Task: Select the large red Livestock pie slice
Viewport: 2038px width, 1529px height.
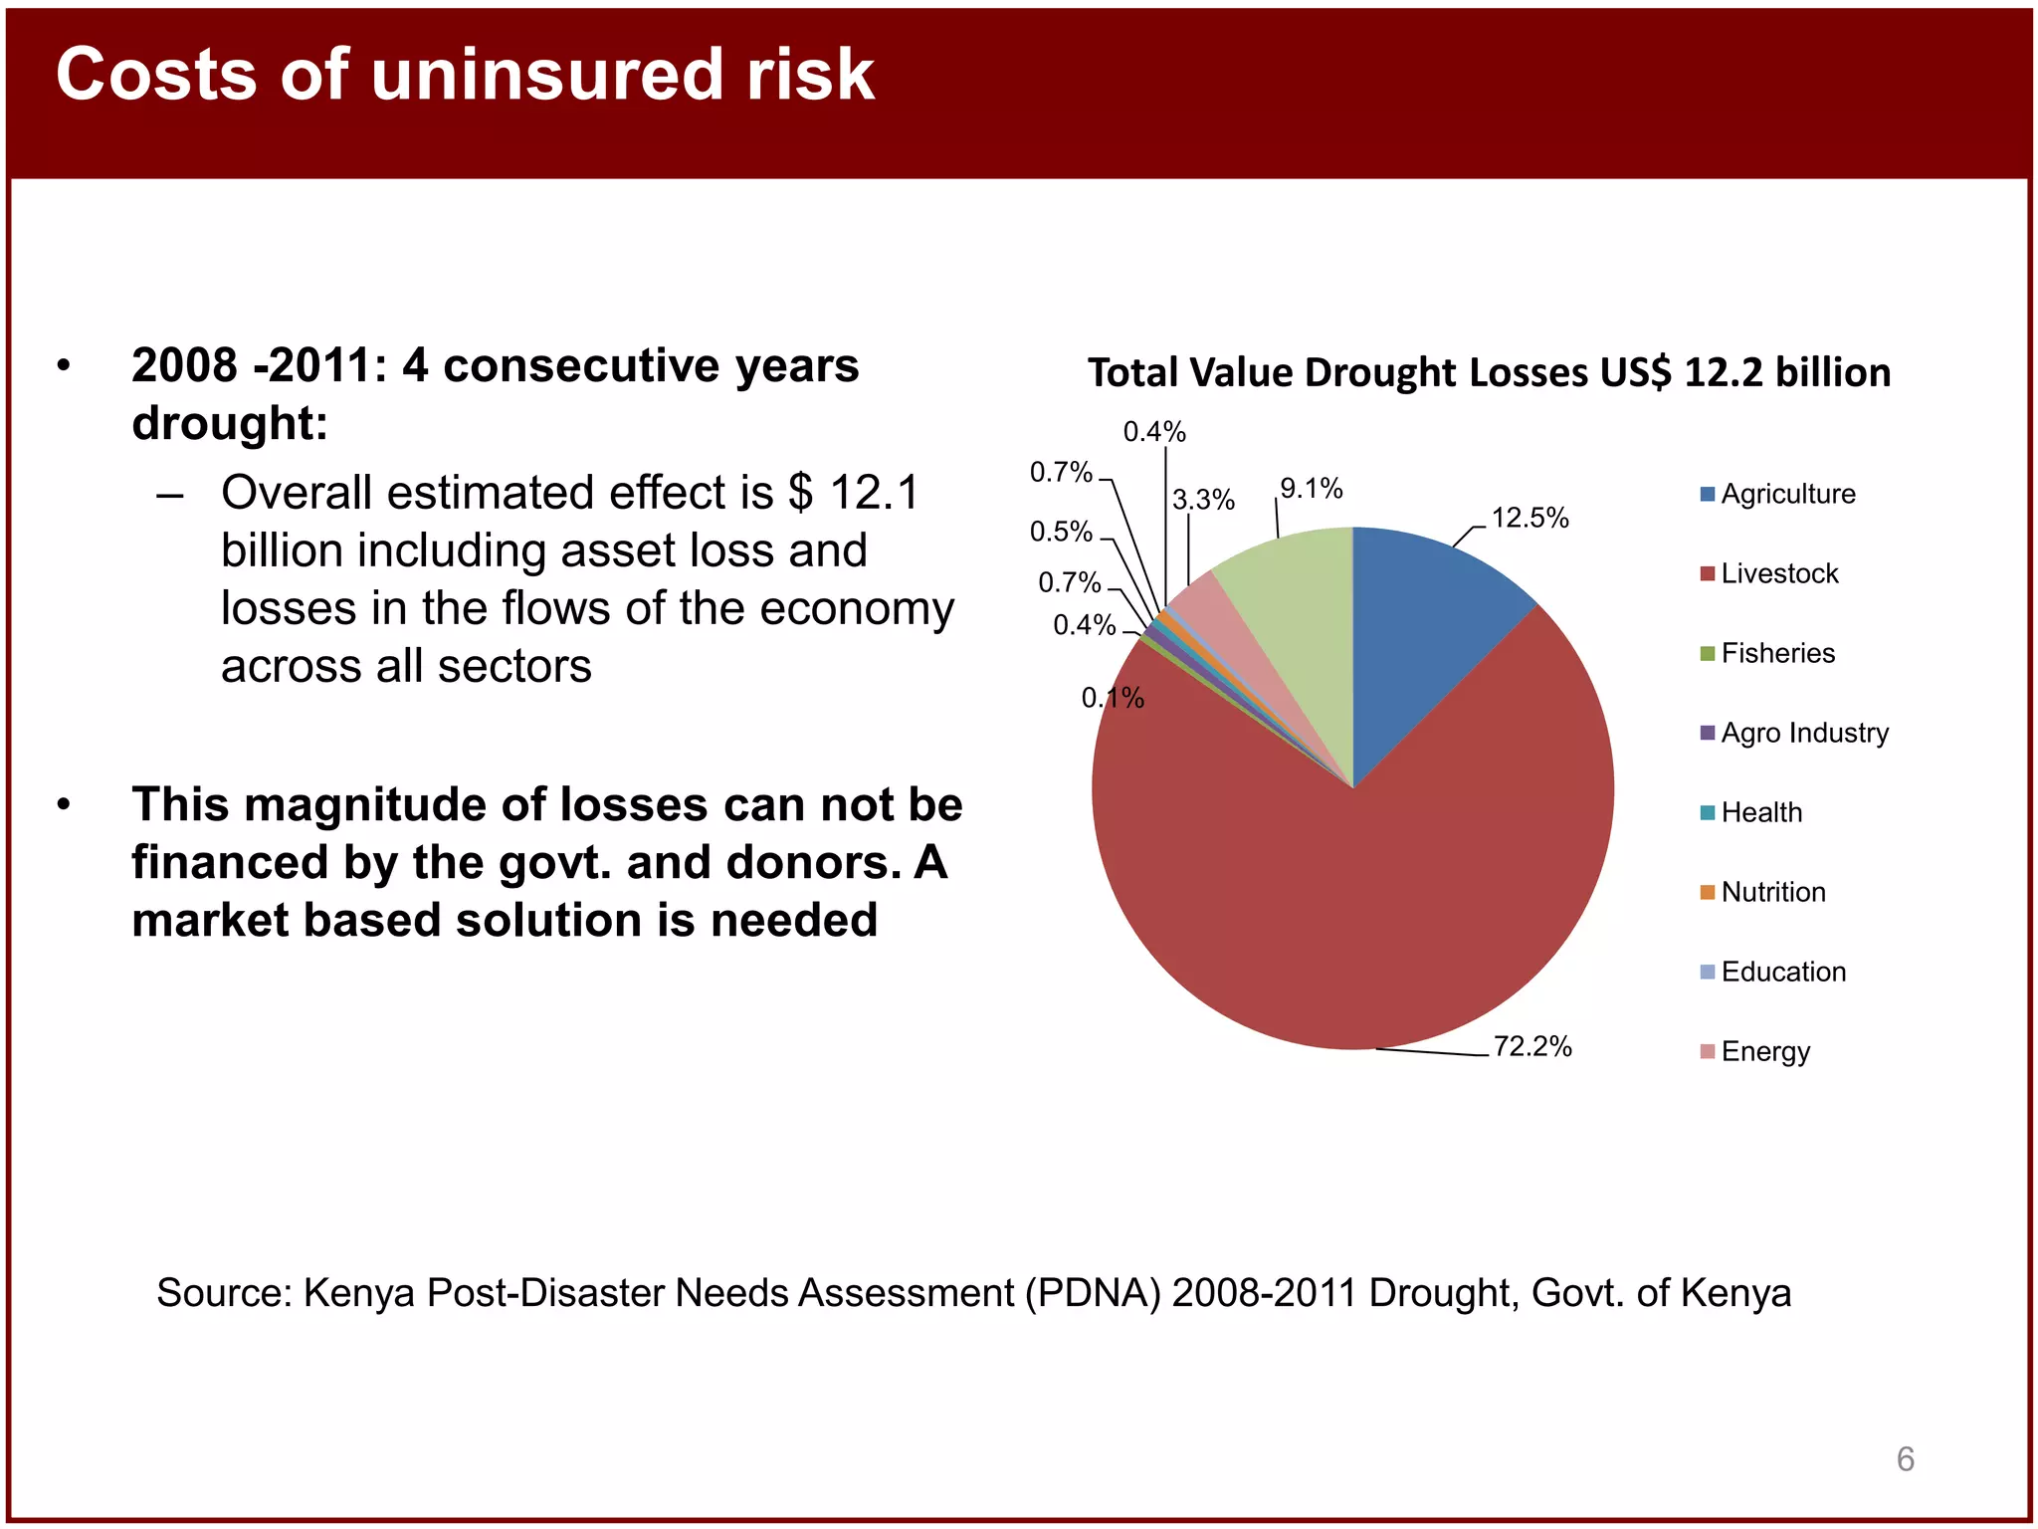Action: click(1353, 896)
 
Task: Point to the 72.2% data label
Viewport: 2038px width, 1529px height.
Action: click(1531, 1046)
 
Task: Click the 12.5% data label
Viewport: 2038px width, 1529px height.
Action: click(1529, 518)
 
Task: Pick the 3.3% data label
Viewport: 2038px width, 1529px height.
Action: click(1203, 500)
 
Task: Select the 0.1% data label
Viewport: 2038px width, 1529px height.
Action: click(1113, 698)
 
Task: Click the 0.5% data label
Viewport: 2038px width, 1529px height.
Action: click(1061, 532)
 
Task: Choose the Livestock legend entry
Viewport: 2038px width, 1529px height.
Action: click(1779, 573)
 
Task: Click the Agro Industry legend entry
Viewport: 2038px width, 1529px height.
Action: click(1804, 733)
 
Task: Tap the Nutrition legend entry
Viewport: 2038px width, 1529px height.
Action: click(1773, 892)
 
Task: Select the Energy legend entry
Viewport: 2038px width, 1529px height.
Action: click(1765, 1051)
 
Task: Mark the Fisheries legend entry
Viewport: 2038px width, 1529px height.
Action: click(1777, 653)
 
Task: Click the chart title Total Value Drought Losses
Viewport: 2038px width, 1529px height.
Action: click(1489, 372)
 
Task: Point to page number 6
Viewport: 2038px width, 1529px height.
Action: click(1905, 1459)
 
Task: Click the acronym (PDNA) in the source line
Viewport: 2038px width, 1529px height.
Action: click(1094, 1293)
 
